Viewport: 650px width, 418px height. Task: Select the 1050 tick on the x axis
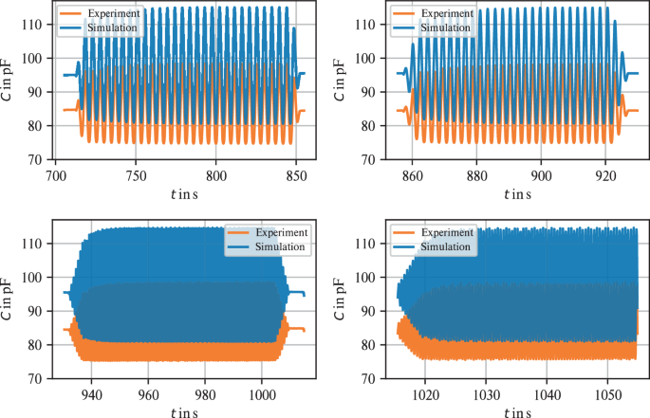coord(608,394)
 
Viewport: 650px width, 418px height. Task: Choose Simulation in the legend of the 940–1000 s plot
coord(276,247)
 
